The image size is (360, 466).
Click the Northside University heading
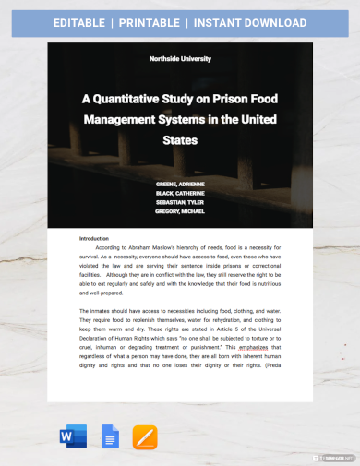180,59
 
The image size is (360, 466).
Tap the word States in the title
179,141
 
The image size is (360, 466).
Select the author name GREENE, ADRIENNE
180,185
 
